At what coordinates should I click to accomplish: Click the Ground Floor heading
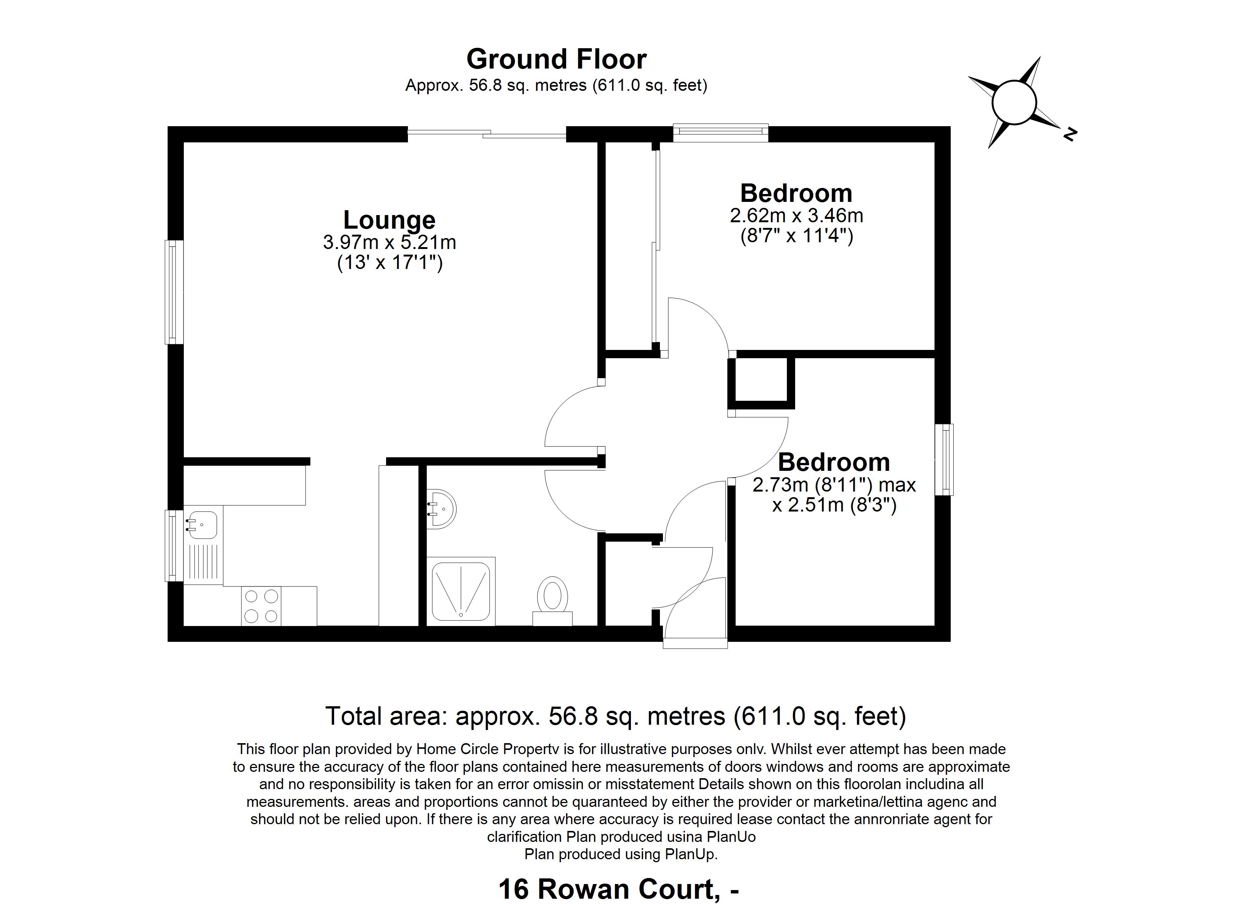pyautogui.click(x=556, y=59)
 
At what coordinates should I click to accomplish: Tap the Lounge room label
pyautogui.click(x=389, y=220)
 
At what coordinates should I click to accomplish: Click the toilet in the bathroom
pyautogui.click(x=553, y=601)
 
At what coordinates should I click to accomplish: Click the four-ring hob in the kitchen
pyautogui.click(x=261, y=606)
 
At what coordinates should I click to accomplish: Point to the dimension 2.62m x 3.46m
pyautogui.click(x=796, y=215)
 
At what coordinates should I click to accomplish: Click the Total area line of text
pyautogui.click(x=615, y=716)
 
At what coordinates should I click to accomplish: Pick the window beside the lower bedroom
pyautogui.click(x=944, y=460)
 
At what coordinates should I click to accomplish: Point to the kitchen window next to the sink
pyautogui.click(x=173, y=545)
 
